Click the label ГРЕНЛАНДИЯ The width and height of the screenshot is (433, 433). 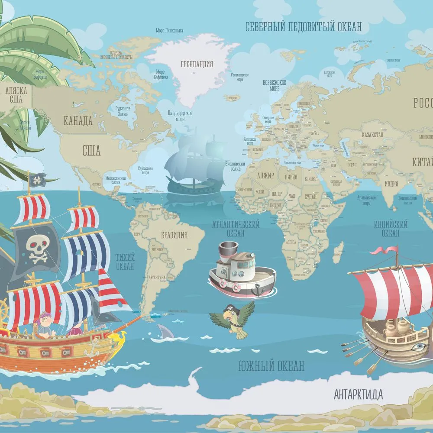197,65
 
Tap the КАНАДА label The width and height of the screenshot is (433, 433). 78,121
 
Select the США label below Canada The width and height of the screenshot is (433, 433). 91,151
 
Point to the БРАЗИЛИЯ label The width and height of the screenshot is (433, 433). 174,236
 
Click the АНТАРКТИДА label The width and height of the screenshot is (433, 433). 358,394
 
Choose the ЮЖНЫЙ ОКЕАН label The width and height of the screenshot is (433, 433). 271,366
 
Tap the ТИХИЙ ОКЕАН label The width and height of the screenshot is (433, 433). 125,261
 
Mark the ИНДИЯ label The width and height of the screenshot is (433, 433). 391,184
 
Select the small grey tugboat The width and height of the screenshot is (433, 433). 241,271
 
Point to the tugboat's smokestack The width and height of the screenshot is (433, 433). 227,251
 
